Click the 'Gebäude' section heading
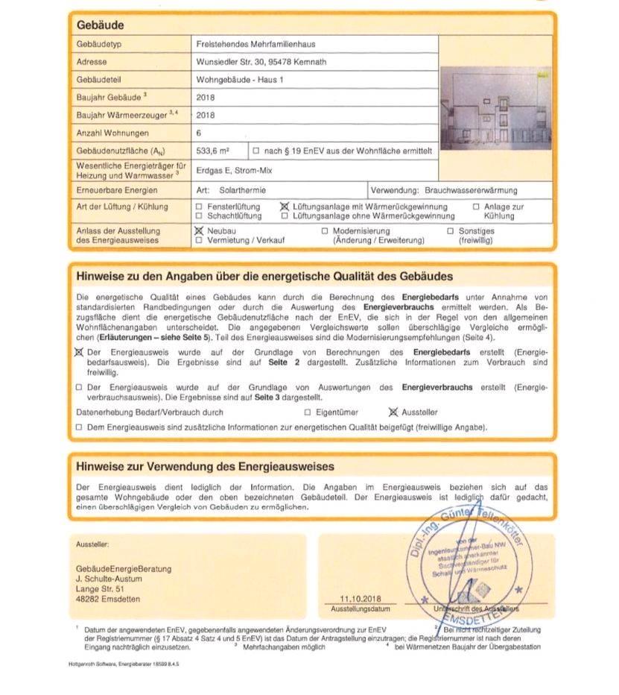[100, 25]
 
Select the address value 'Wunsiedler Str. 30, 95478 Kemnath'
[261, 62]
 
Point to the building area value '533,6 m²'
[212, 151]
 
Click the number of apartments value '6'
[200, 133]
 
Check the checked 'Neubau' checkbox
[199, 231]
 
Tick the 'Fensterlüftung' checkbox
[199, 207]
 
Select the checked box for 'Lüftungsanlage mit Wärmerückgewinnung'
[285, 207]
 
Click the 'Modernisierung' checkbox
[325, 231]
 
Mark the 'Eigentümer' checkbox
[308, 412]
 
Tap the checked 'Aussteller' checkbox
[394, 412]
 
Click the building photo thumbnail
[495, 107]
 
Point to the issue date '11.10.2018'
[360, 599]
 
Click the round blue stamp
[466, 565]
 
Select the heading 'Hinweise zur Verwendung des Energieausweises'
[205, 467]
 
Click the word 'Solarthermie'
[242, 190]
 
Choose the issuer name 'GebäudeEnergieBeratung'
[124, 568]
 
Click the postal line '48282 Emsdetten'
[107, 599]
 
